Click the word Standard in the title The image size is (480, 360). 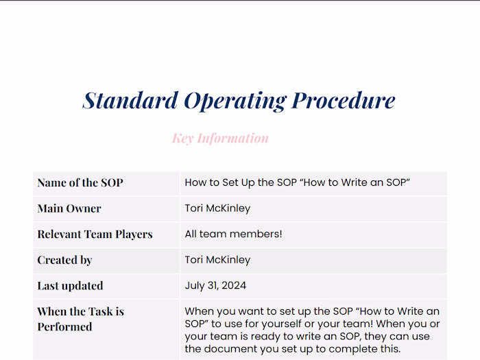point(130,100)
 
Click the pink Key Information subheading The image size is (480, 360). point(220,139)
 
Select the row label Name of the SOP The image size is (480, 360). point(80,182)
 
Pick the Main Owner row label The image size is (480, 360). point(69,208)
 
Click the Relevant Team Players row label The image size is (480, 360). point(95,234)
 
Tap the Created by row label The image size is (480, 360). point(64,260)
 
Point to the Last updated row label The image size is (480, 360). point(70,285)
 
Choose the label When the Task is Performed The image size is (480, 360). point(80,319)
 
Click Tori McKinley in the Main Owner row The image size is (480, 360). point(217,208)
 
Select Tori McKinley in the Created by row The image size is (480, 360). point(217,260)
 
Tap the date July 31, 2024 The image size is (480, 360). point(215,285)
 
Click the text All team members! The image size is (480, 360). point(233,234)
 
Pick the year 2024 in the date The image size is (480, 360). point(233,285)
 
